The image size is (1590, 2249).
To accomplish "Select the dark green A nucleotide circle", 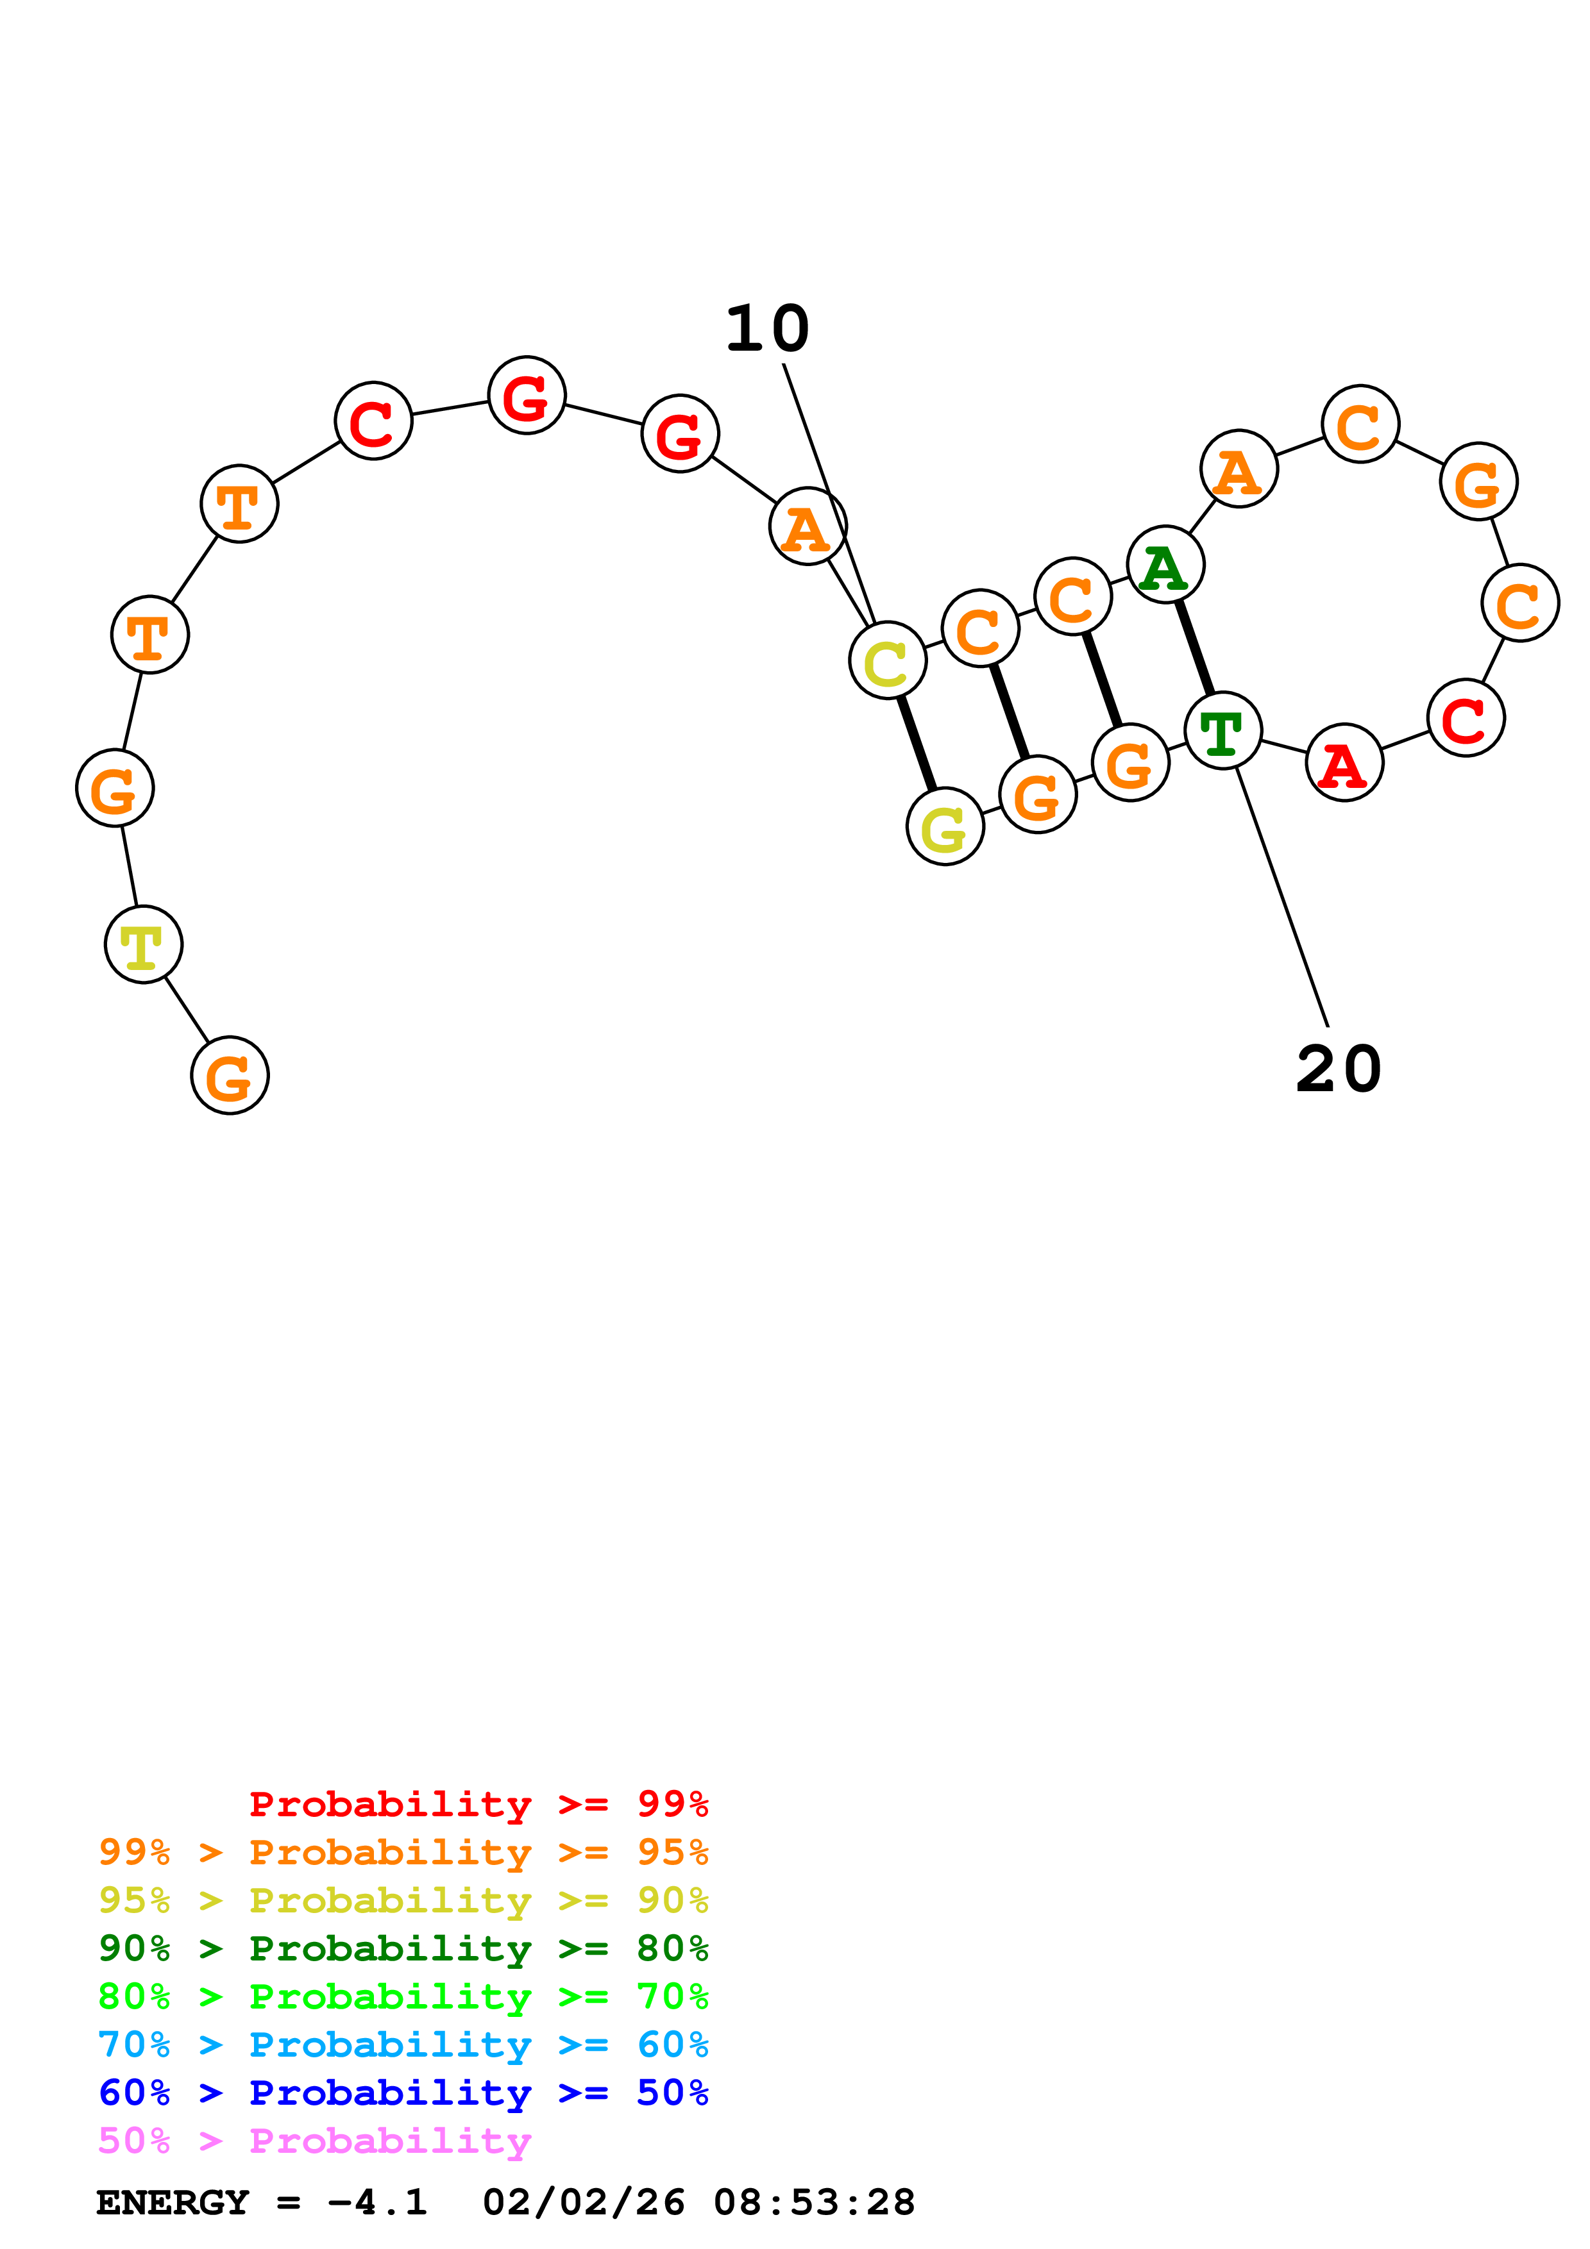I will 1165,565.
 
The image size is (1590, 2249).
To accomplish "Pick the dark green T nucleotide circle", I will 1222,731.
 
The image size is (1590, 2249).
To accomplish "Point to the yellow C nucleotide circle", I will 888,661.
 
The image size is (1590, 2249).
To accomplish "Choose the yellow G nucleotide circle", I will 944,827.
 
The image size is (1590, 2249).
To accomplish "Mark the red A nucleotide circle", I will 1344,763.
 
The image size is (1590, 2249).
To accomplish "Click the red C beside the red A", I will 1466,719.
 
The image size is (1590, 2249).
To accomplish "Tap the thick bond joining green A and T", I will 1194,648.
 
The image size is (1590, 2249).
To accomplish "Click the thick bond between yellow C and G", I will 916,744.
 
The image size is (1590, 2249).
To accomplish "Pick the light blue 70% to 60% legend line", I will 403,2044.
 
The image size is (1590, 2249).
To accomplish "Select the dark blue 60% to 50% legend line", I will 403,2093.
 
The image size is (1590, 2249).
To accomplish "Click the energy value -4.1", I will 377,2203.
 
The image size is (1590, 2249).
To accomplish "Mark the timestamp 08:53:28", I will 813,2203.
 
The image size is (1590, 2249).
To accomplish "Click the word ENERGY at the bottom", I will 173,2203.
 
